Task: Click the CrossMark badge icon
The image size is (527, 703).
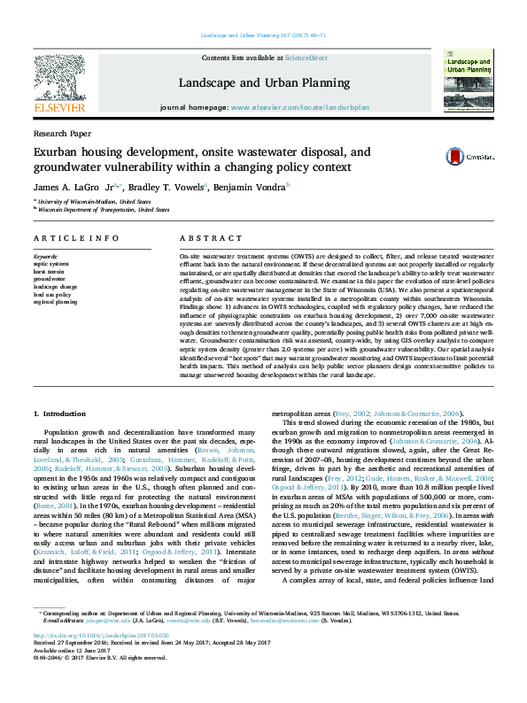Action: (458, 157)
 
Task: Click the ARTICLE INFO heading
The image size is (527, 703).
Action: (76, 238)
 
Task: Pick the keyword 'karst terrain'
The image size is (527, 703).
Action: (50, 272)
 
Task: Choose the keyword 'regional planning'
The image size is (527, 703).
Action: (55, 301)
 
